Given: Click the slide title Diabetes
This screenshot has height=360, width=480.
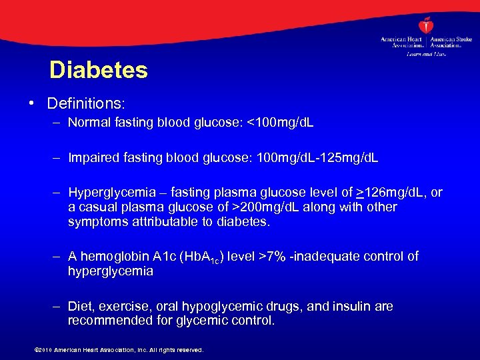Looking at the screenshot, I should pyautogui.click(x=98, y=70).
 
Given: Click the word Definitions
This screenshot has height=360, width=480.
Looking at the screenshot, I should pyautogui.click(x=86, y=104).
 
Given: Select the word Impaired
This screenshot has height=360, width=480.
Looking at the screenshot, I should pyautogui.click(x=93, y=158).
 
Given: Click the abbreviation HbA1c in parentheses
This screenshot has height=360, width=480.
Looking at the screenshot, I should pyautogui.click(x=198, y=257).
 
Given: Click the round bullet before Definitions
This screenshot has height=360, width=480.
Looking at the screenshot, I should pyautogui.click(x=32, y=104).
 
